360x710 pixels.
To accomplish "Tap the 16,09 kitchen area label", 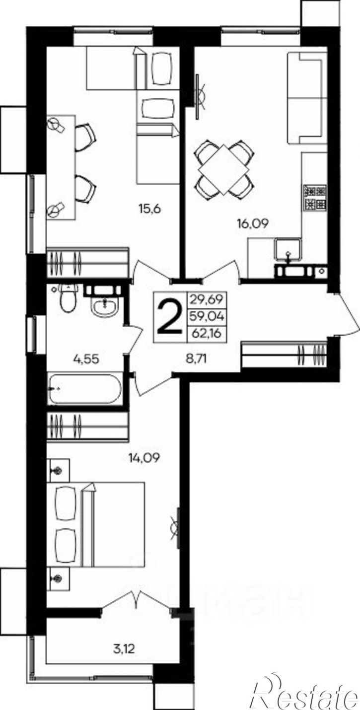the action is click(x=253, y=224).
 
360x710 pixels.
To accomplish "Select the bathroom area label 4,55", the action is click(x=86, y=359).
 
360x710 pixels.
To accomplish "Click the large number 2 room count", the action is click(x=170, y=317).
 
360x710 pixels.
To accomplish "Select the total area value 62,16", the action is click(x=206, y=334).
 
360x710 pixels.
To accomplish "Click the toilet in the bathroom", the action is click(x=69, y=298).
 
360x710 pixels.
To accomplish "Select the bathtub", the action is click(x=84, y=389).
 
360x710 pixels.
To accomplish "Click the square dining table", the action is click(x=224, y=170).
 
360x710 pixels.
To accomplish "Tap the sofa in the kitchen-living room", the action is click(x=307, y=98).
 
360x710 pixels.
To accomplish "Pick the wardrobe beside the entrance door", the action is click(x=284, y=354).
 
